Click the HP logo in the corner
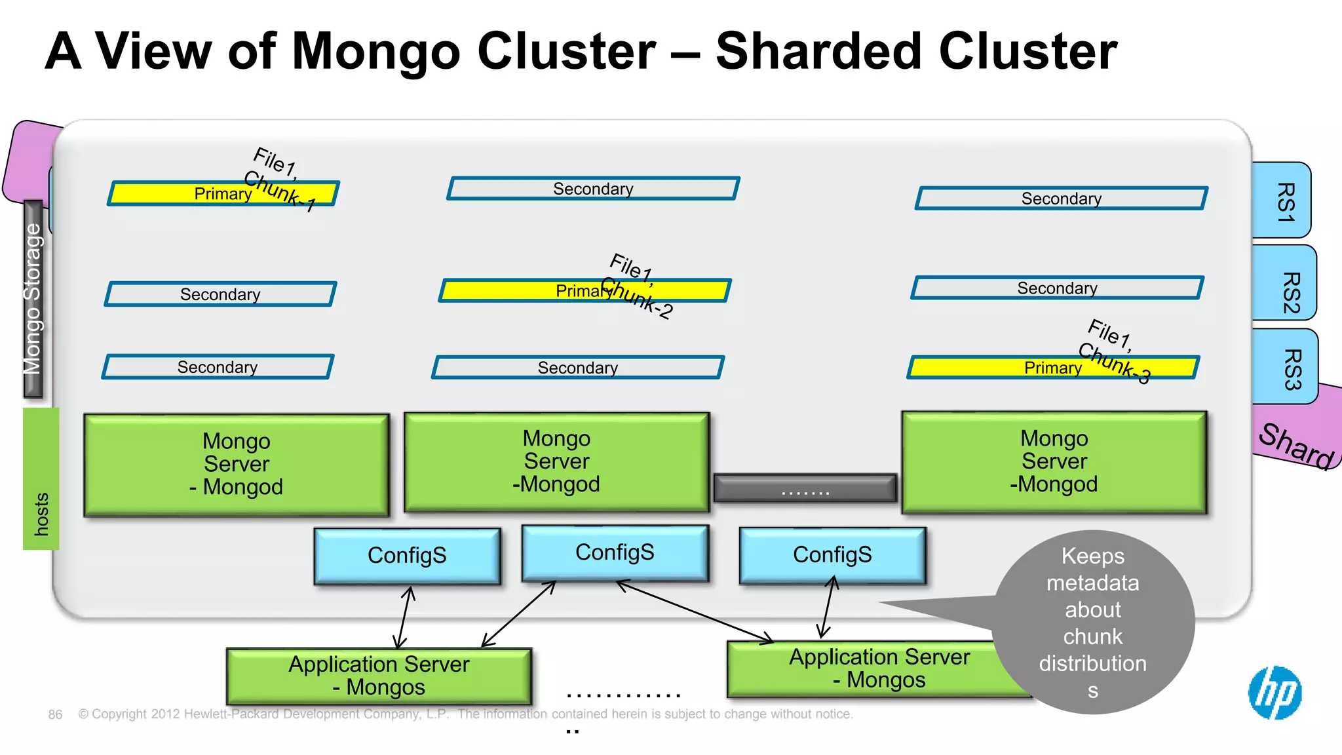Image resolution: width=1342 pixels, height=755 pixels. coord(1275,693)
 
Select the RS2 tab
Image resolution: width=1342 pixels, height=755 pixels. coord(1285,284)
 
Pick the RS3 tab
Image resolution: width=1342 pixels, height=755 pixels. coord(1285,367)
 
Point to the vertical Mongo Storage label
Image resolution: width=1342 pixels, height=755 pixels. coord(33,299)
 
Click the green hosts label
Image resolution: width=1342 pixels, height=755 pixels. coord(41,479)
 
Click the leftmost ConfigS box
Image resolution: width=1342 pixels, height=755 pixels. coord(407,556)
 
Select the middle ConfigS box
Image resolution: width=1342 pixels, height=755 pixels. coord(615,552)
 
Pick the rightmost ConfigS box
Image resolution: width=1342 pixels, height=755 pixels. coord(832,555)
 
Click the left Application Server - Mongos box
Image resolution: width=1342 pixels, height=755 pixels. coord(379,676)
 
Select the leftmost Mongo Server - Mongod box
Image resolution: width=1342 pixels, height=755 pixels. coord(237,465)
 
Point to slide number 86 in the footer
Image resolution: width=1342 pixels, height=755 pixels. coord(55,714)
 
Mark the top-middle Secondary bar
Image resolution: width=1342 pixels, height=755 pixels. coord(593,189)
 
